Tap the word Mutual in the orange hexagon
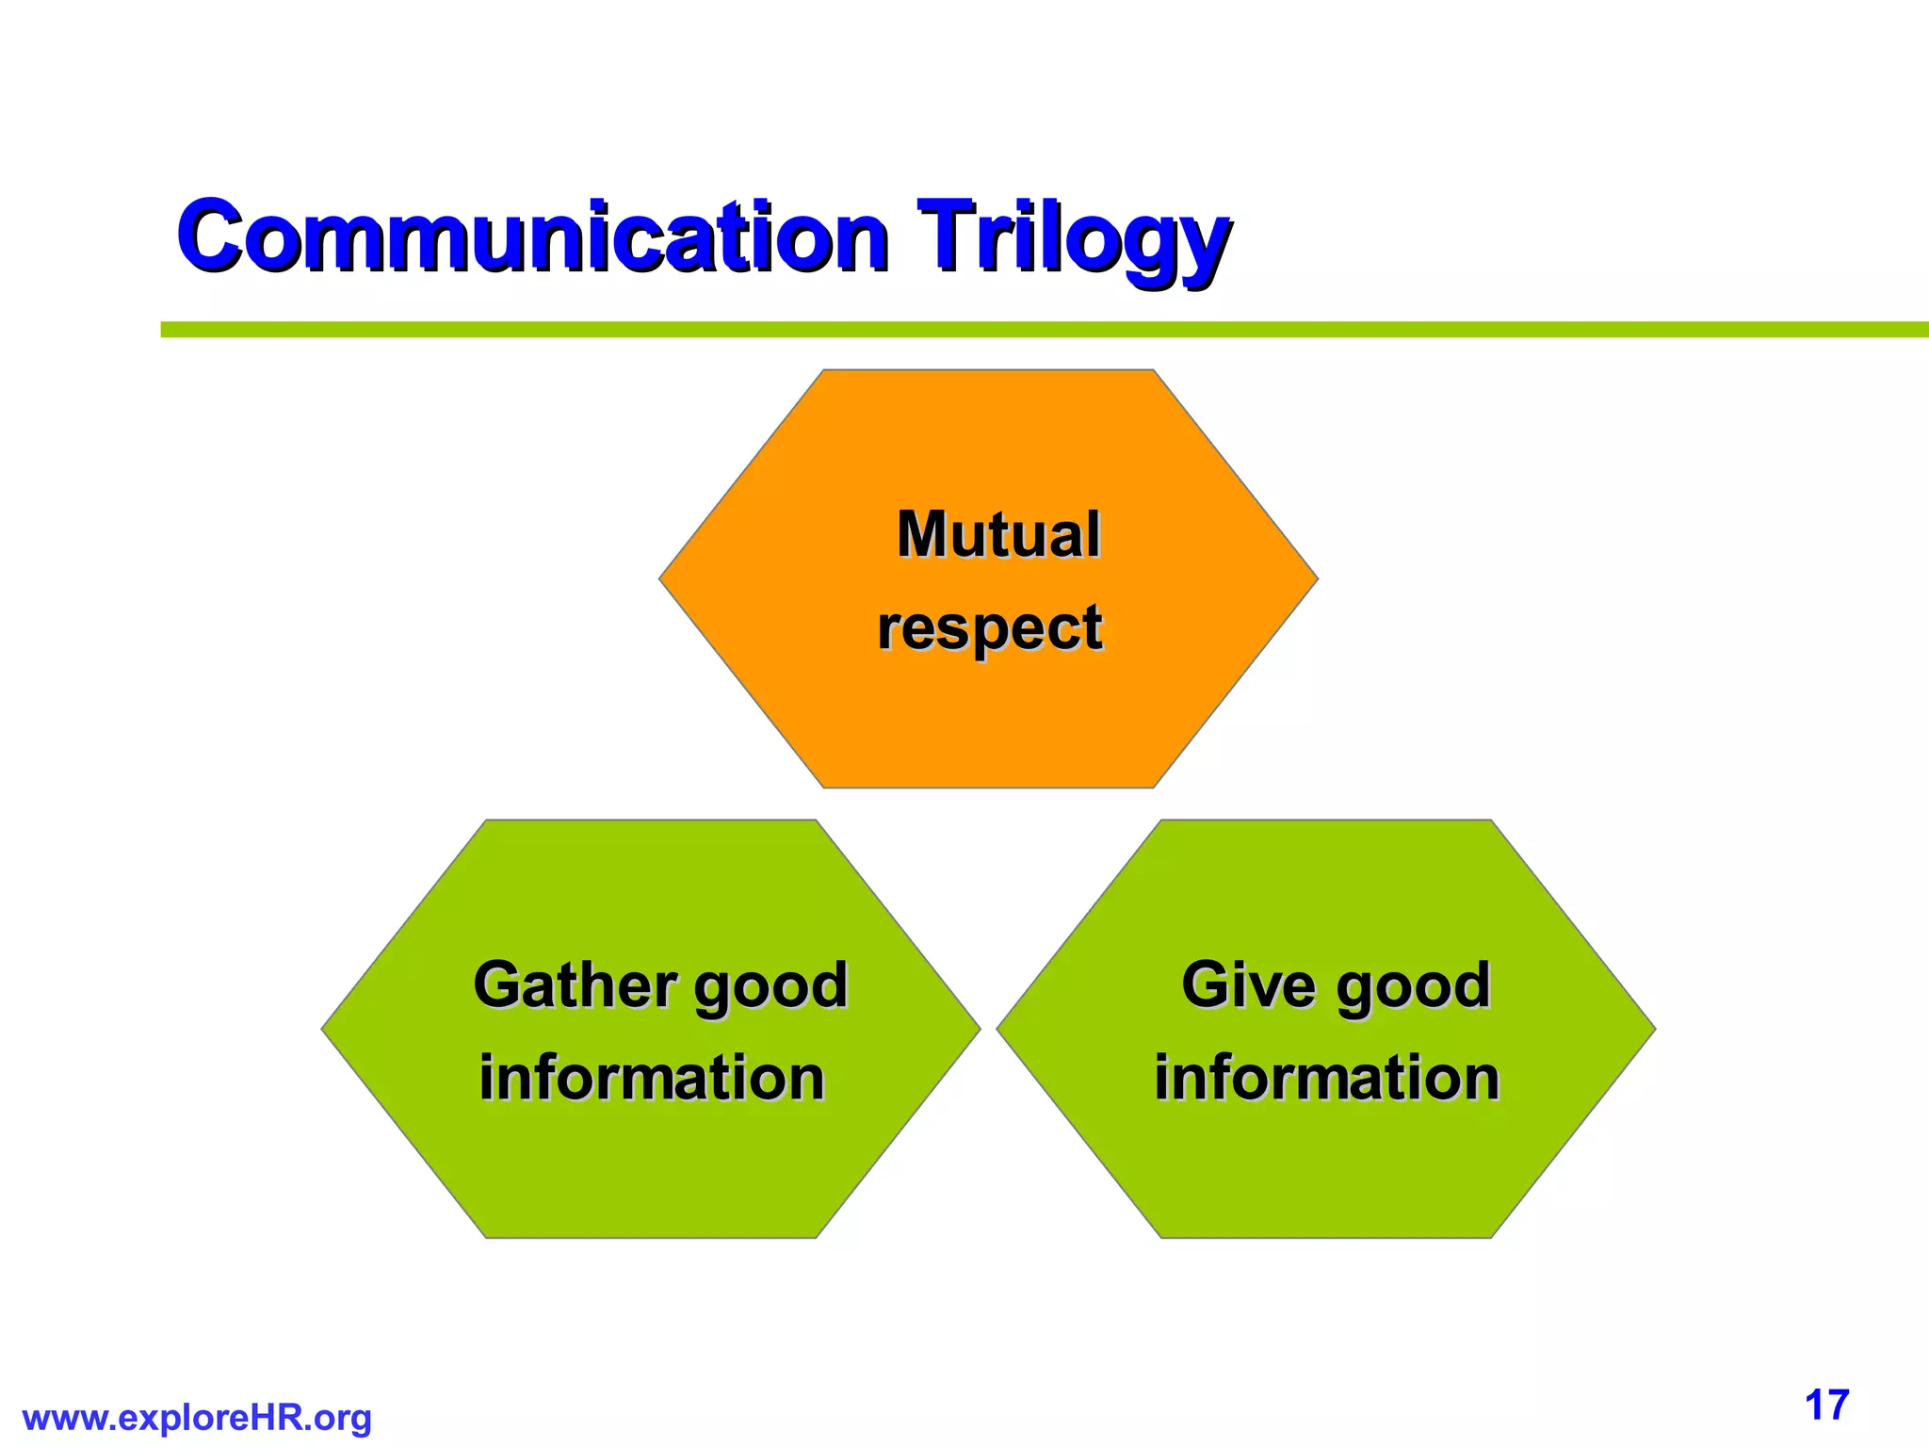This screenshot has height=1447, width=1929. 998,534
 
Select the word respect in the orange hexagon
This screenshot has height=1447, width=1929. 989,628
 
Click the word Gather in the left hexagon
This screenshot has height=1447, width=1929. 575,985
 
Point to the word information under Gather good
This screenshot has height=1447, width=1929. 652,1078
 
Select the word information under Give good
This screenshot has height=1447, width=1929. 1326,1078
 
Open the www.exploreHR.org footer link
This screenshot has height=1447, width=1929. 197,1418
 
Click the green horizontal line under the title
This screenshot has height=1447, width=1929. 1036,330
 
